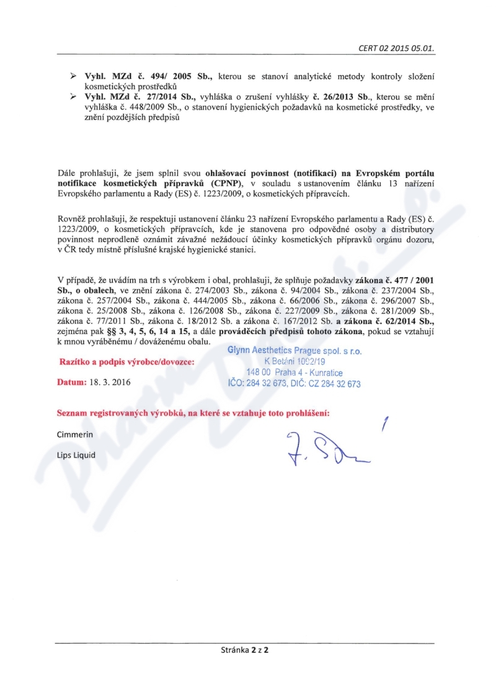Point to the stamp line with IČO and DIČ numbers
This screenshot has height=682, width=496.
coord(295,384)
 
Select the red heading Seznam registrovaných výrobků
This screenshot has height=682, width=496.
coord(193,413)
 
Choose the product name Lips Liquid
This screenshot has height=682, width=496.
coord(76,455)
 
